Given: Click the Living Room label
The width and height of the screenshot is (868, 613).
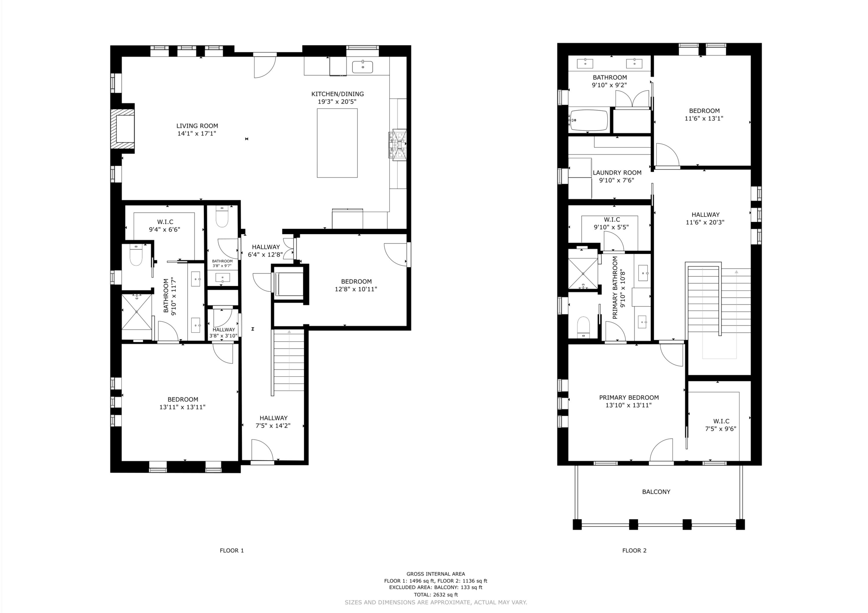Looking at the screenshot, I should (x=197, y=126).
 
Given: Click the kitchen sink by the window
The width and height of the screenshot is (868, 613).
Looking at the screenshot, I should (x=362, y=67).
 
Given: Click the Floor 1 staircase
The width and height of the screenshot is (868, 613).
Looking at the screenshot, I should (x=289, y=361).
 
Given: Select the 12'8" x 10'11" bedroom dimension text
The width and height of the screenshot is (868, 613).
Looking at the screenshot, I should (x=356, y=289).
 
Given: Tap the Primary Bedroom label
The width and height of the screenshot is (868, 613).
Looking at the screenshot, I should (x=629, y=397).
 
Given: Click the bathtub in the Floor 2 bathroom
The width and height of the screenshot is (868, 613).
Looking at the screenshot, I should (x=588, y=120).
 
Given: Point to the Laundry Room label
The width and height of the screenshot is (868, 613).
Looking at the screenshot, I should (x=617, y=173).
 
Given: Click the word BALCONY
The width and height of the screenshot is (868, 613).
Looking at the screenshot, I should (x=656, y=492).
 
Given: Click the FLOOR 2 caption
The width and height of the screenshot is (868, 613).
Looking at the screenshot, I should (x=634, y=550).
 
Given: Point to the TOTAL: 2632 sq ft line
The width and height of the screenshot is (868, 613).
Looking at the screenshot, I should (x=435, y=594).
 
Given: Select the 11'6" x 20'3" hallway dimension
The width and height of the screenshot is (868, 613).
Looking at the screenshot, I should (x=705, y=222).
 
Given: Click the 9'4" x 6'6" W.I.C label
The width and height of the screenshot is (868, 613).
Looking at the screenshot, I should (x=164, y=229).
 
